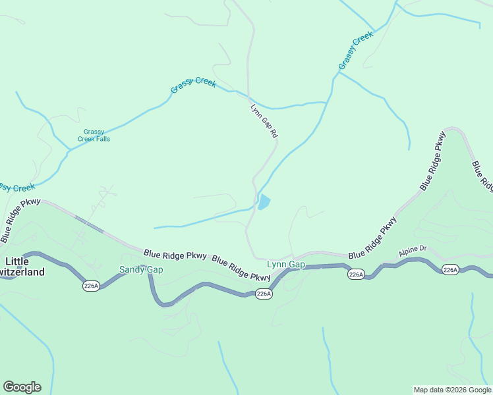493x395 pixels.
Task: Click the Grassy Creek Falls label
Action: click(x=94, y=135)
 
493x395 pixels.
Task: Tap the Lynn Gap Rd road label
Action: click(x=264, y=120)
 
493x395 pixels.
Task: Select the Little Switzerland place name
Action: click(x=23, y=267)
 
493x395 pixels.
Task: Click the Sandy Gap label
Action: click(x=140, y=269)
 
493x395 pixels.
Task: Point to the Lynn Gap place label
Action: click(x=285, y=265)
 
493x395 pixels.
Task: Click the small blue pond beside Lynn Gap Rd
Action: click(x=264, y=202)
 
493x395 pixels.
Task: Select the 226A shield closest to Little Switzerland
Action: click(x=91, y=285)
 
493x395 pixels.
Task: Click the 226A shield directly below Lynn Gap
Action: click(x=263, y=294)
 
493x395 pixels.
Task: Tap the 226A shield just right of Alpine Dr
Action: click(x=450, y=270)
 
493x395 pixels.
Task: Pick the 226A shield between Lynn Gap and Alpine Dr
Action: click(x=356, y=274)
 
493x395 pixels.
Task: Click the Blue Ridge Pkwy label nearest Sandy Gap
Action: click(x=175, y=255)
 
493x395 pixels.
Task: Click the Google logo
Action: click(x=22, y=387)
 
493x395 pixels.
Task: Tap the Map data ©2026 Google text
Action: click(x=451, y=390)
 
